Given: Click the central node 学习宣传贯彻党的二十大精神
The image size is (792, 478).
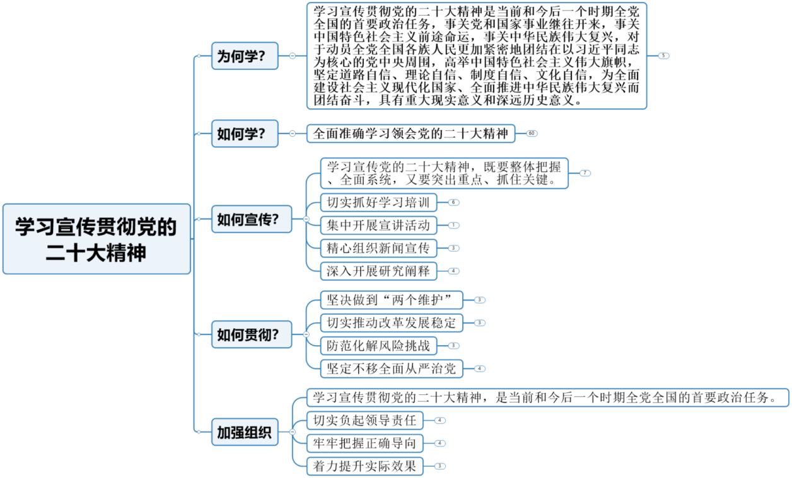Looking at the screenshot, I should click(x=96, y=239).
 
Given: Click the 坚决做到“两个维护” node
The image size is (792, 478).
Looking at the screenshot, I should click(x=392, y=300).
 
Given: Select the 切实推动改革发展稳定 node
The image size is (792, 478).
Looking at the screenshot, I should click(x=392, y=322).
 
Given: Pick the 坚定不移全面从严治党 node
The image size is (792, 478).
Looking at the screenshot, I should click(x=392, y=368).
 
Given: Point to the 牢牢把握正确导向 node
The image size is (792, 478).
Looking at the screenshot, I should click(x=364, y=443).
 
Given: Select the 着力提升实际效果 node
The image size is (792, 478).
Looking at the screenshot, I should click(x=364, y=466).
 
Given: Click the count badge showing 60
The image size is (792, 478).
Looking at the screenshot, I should click(x=532, y=134).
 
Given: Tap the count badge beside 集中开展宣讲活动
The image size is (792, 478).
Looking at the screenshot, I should click(x=455, y=225).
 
